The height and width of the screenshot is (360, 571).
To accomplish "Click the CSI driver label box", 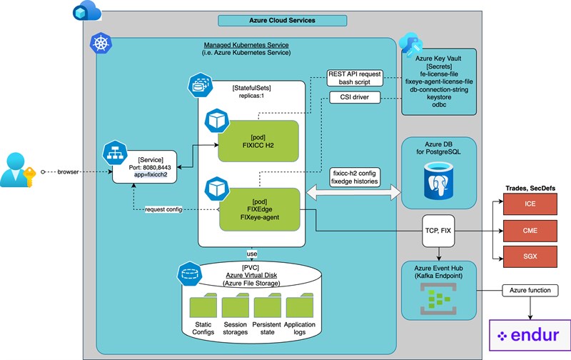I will click(x=355, y=97).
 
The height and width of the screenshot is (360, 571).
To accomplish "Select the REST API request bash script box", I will click(x=355, y=78).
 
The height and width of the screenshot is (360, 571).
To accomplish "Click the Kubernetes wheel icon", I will click(x=99, y=46).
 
